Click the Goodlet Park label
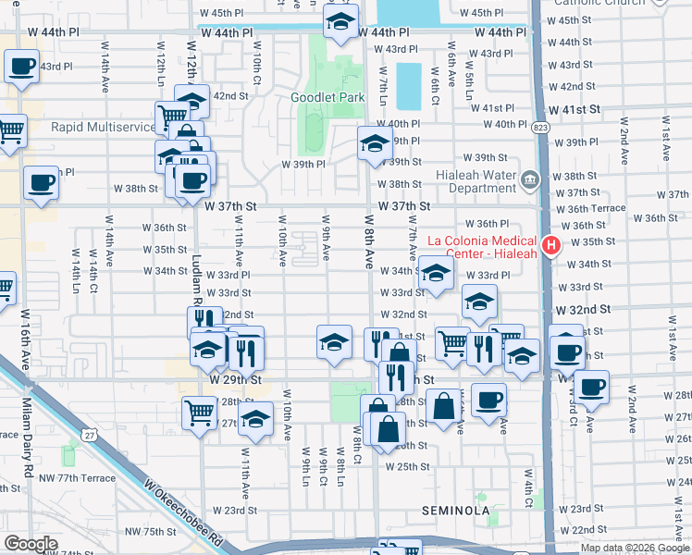(x=327, y=97)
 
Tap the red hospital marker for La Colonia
(x=551, y=246)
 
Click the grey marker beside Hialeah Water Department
(x=529, y=179)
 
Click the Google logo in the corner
(x=31, y=544)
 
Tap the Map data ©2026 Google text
(x=635, y=548)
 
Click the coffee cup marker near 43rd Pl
(x=20, y=67)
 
